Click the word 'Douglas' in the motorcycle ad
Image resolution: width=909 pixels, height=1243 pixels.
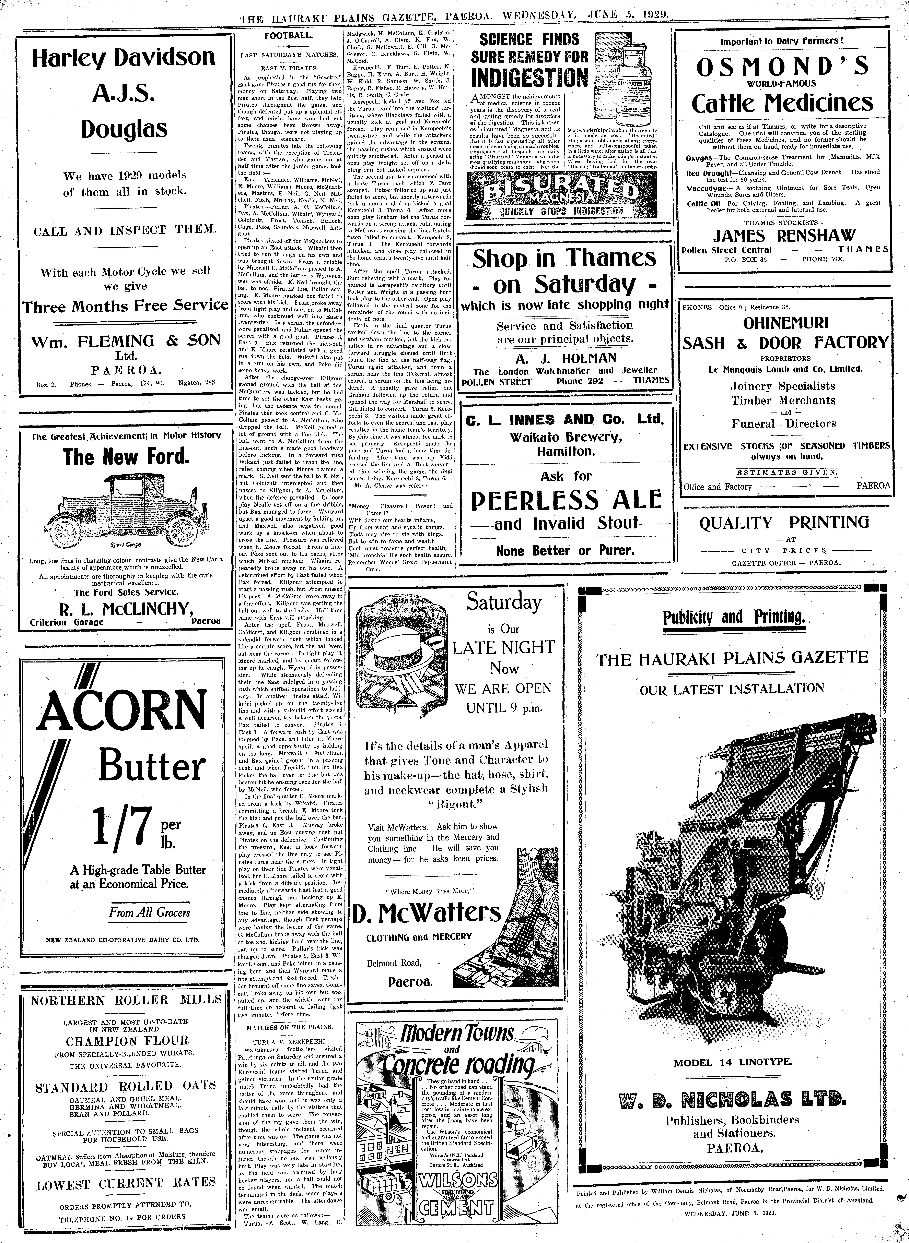point(124,129)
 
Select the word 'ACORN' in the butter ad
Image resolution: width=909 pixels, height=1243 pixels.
point(122,711)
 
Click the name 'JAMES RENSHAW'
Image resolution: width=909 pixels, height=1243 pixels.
point(784,235)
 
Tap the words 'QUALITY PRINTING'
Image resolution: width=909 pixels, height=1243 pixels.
point(784,523)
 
